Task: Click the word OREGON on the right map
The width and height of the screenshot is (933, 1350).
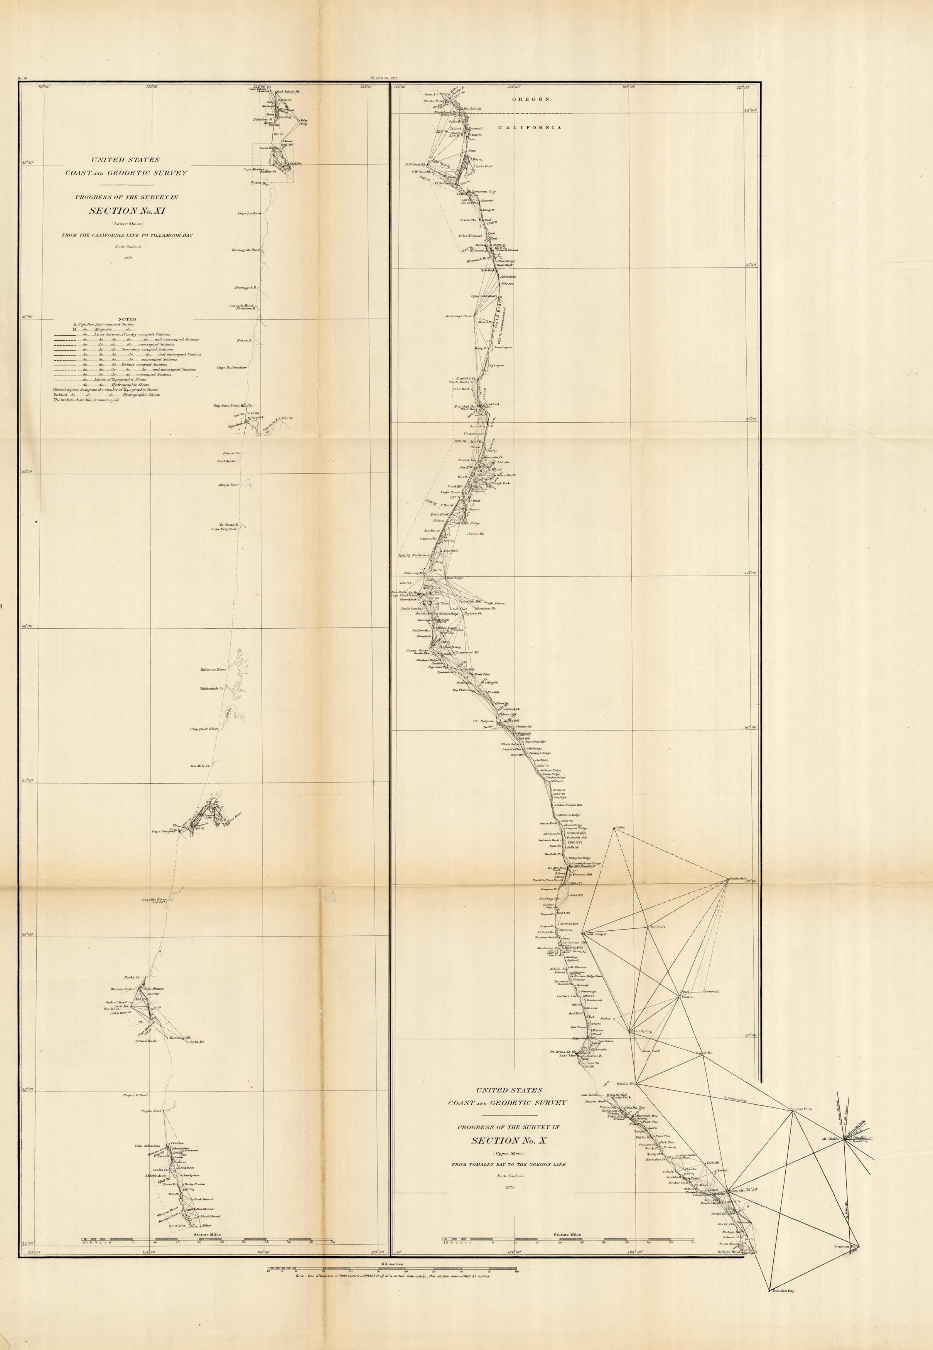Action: (531, 100)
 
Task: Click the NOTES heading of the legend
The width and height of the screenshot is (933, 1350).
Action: (127, 320)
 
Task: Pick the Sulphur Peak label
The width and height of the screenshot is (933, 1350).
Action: (801, 1109)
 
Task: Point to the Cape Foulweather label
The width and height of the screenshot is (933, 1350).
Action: (231, 368)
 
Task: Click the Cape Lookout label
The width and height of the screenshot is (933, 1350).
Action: (249, 213)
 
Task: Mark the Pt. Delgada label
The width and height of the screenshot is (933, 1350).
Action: (484, 722)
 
